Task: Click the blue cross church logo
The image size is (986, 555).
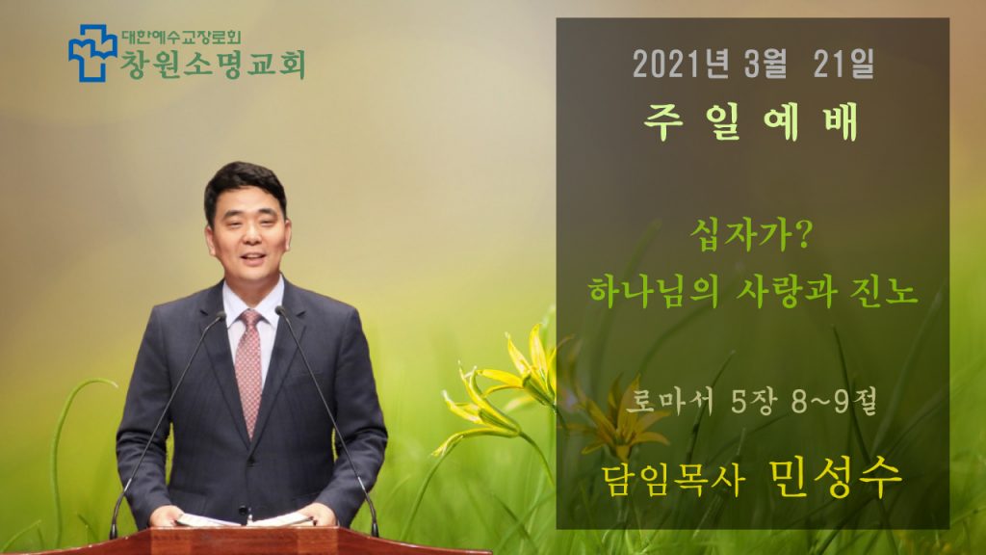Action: click(x=92, y=53)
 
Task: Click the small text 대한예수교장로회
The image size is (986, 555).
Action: click(x=180, y=38)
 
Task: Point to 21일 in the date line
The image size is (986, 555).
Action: click(x=843, y=64)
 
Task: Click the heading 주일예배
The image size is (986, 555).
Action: click(x=751, y=122)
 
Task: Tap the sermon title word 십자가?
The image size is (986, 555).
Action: click(x=751, y=235)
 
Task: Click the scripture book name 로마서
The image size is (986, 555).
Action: click(x=673, y=400)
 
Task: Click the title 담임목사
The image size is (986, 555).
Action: click(x=673, y=480)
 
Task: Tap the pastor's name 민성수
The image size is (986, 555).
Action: click(x=835, y=478)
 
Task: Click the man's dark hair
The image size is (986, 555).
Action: click(x=244, y=183)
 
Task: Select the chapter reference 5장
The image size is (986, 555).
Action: click(x=755, y=400)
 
